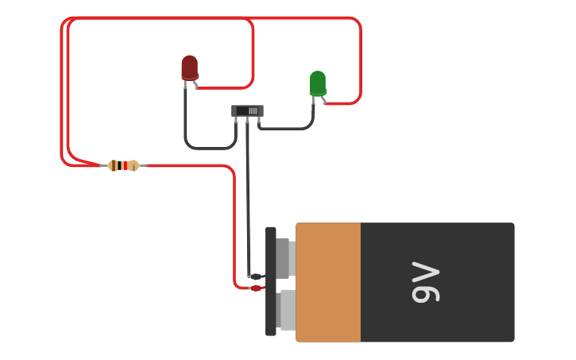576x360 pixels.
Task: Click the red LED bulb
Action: coord(189,68)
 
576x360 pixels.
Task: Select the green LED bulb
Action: coord(318,83)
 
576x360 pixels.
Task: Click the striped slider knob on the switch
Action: coord(253,110)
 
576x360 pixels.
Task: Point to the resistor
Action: coord(123,165)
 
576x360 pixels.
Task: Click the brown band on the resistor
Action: coord(116,165)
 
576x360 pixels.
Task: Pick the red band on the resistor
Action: coord(124,165)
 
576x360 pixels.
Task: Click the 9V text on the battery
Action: coord(426,282)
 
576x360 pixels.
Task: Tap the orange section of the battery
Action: coord(328,282)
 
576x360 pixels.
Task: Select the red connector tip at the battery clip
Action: coord(256,288)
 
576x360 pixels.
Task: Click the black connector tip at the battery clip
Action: coord(256,277)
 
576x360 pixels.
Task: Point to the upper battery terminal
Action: coord(284,257)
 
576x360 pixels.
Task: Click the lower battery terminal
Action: coord(287,310)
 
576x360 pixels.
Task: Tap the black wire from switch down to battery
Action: coord(247,199)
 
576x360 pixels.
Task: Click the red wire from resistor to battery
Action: coord(234,223)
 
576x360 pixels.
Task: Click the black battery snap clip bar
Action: coord(271,318)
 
